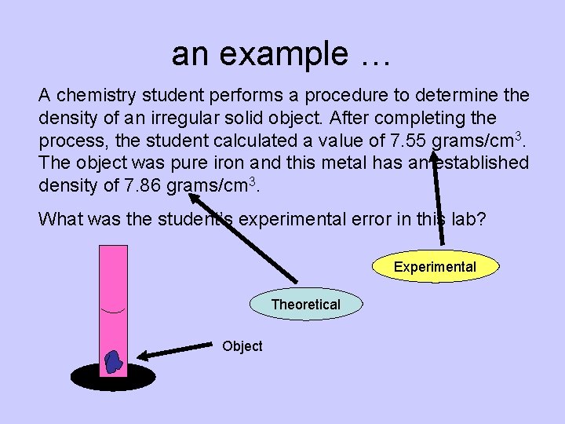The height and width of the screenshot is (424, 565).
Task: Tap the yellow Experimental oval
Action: point(435,267)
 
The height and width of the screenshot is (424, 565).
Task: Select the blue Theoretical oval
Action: point(306,305)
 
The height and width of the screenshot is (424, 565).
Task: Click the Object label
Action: point(242,346)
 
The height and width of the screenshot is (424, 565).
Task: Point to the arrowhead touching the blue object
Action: point(133,356)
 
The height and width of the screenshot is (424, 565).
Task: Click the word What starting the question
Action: point(60,218)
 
